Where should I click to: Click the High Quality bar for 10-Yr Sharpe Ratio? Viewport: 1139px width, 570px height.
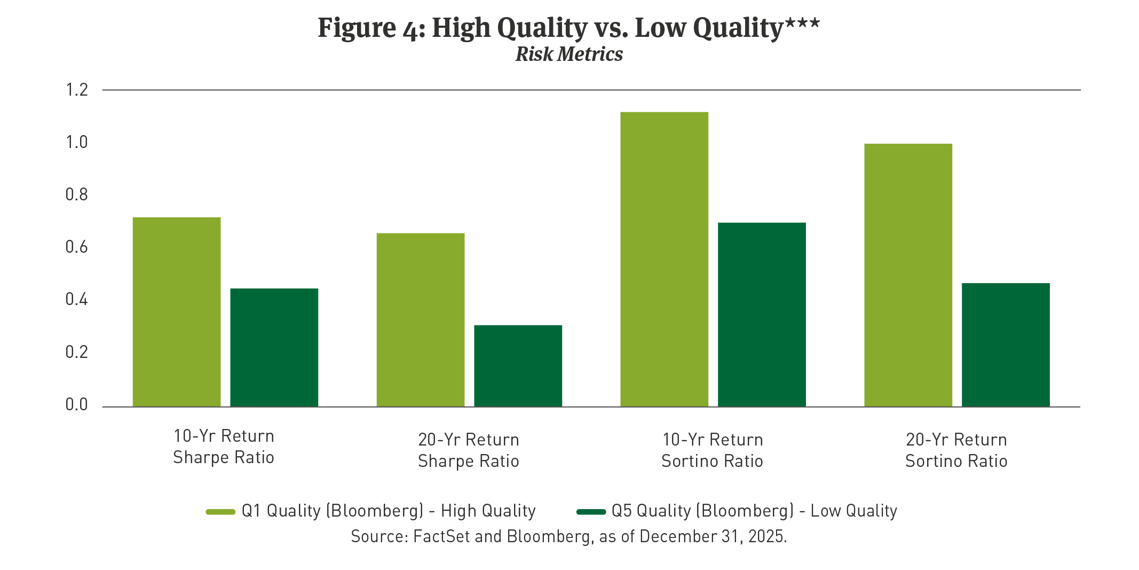click(176, 312)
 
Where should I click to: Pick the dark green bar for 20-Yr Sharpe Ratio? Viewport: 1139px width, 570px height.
click(518, 366)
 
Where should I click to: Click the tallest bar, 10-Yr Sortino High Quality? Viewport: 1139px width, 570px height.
click(664, 259)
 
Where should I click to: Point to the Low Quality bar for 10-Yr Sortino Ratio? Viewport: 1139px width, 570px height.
click(762, 315)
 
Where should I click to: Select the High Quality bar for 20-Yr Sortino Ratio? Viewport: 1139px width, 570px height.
click(908, 275)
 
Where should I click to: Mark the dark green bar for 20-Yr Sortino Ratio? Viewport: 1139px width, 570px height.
click(1006, 345)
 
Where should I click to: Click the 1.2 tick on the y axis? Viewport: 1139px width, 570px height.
click(76, 90)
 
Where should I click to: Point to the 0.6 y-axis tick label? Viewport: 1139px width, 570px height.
click(76, 247)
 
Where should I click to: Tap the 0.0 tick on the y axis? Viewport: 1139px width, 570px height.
click(76, 404)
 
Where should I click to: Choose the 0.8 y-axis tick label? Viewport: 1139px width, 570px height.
click(76, 194)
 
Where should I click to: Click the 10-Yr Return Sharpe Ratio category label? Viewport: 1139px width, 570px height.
click(224, 447)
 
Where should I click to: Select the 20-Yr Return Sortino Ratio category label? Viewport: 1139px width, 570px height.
click(956, 450)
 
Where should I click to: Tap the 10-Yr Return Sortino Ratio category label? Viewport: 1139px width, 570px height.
click(712, 450)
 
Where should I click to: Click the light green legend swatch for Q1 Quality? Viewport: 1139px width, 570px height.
click(220, 512)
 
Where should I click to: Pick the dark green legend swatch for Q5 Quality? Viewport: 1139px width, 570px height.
click(591, 512)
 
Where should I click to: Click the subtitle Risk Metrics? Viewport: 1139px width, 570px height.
click(569, 54)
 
